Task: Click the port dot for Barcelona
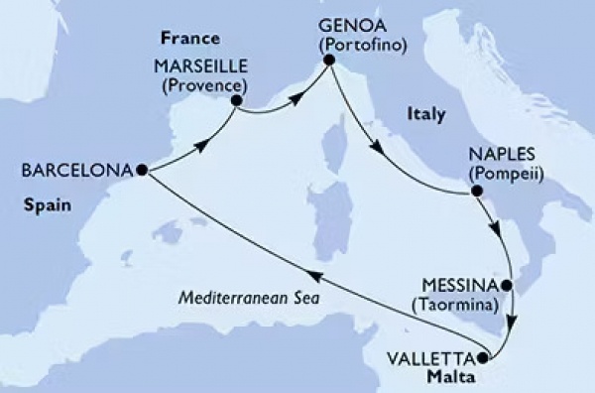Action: [143, 170]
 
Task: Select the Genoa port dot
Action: [327, 65]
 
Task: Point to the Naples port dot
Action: [477, 192]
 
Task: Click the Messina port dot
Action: [507, 287]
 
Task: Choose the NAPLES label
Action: [505, 155]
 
